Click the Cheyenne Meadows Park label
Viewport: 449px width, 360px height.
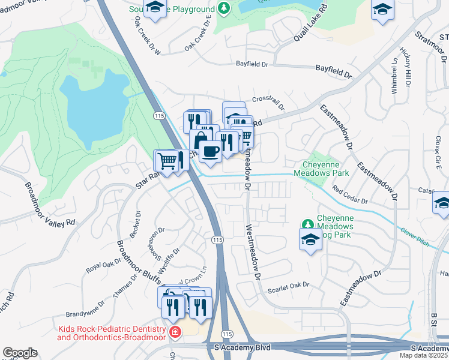[321, 169]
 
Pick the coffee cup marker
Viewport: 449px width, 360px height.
[209, 151]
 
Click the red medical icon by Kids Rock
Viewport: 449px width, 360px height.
[175, 332]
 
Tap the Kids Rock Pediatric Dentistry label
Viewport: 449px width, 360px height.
[112, 334]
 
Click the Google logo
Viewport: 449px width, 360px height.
[20, 353]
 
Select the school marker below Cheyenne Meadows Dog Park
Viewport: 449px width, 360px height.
[310, 241]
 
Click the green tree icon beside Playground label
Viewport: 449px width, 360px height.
[223, 8]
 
